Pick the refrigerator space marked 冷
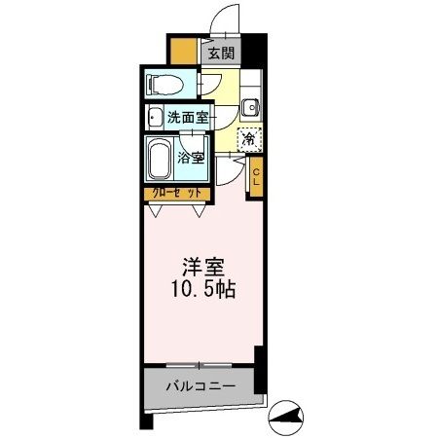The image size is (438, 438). point(249,139)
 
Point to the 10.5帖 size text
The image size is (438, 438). point(203,290)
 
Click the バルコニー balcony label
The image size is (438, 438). point(203,386)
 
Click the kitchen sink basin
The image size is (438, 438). point(249,108)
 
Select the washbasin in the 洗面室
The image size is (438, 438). point(155,118)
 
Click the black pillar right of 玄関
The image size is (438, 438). point(253,49)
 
